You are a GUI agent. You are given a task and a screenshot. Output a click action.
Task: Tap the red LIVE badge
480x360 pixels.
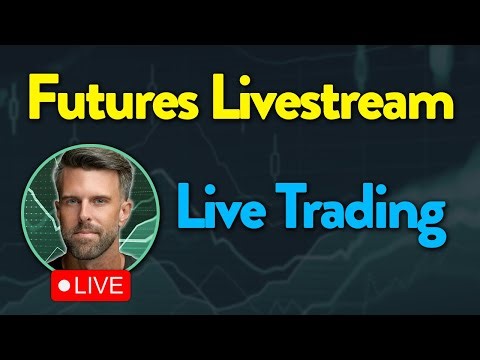pos(90,284)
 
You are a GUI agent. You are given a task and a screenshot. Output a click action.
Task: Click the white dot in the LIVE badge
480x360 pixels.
pos(66,284)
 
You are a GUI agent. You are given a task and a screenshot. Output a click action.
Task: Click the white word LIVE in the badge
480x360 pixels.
pos(98,284)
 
